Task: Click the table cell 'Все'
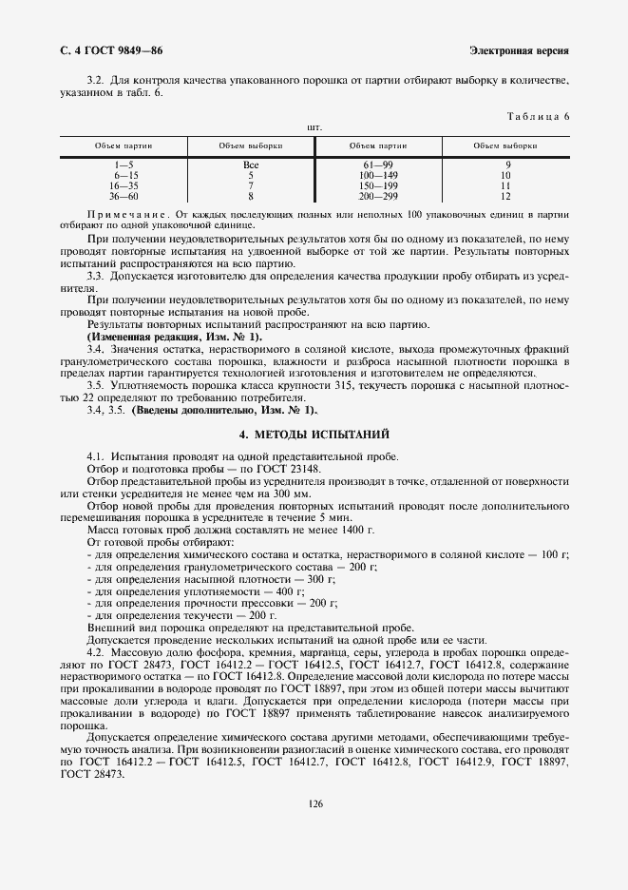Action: (x=251, y=165)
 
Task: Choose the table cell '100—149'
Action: (x=378, y=176)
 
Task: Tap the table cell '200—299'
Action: (x=378, y=196)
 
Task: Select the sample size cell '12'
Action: (x=505, y=196)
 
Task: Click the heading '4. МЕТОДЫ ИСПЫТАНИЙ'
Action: (x=314, y=434)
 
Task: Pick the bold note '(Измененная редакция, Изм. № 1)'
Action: (x=175, y=337)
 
